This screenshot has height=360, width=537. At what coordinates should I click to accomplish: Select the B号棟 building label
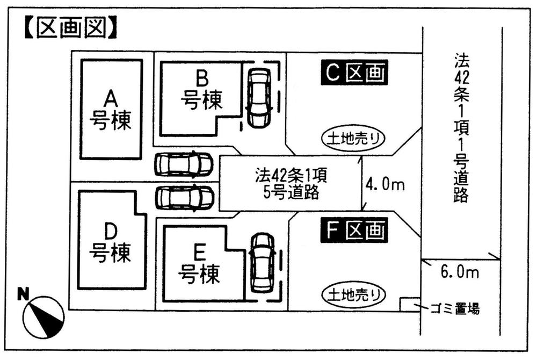tap(201, 91)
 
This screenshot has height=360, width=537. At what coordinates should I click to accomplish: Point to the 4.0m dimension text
tap(384, 184)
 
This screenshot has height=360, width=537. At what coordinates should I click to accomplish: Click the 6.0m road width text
tap(460, 272)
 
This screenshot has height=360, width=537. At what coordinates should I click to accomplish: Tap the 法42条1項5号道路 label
tap(288, 184)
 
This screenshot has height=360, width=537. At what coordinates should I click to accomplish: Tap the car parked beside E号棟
tap(262, 263)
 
